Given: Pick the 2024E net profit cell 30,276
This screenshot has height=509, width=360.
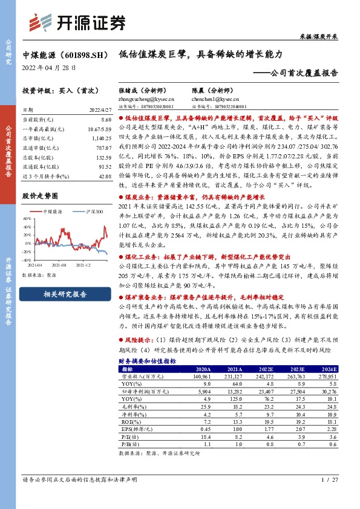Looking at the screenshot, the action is pos(328,391).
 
